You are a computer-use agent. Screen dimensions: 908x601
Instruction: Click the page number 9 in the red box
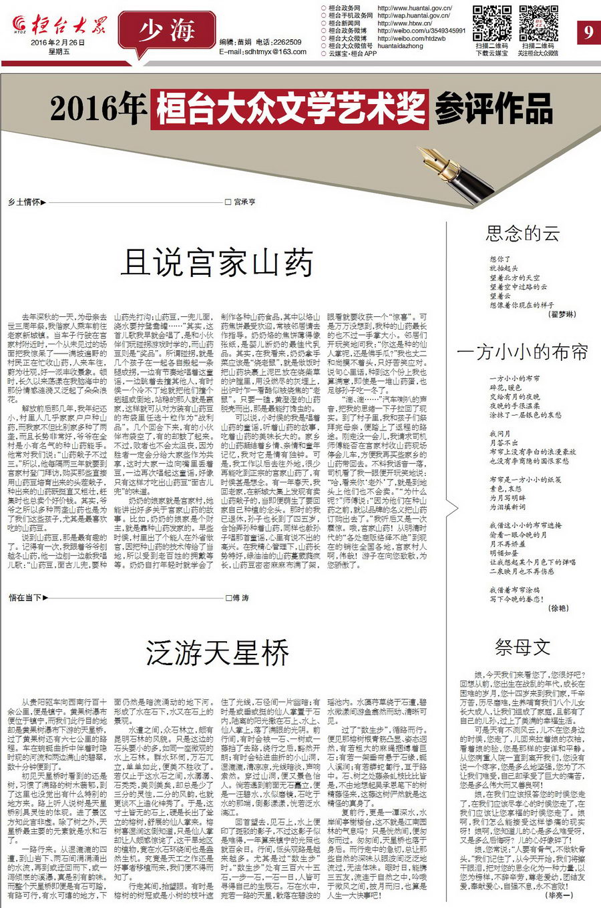pyautogui.click(x=588, y=31)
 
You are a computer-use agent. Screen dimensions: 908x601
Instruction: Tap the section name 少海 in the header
pyautogui.click(x=167, y=31)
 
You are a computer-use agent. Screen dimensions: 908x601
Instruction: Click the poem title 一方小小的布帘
pyautogui.click(x=522, y=352)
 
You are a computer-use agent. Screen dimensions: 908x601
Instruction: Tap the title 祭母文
pyautogui.click(x=522, y=646)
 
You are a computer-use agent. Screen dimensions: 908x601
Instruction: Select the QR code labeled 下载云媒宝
pyautogui.click(x=492, y=23)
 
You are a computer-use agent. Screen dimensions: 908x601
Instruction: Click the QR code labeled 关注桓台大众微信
pyautogui.click(x=538, y=23)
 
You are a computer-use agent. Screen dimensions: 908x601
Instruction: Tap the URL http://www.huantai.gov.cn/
pyautogui.click(x=415, y=9)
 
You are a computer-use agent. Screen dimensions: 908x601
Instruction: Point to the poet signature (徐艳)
pyautogui.click(x=558, y=608)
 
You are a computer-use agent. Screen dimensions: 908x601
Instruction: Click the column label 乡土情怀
pyautogui.click(x=24, y=201)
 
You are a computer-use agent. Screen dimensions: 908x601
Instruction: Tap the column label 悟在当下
pyautogui.click(x=25, y=598)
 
